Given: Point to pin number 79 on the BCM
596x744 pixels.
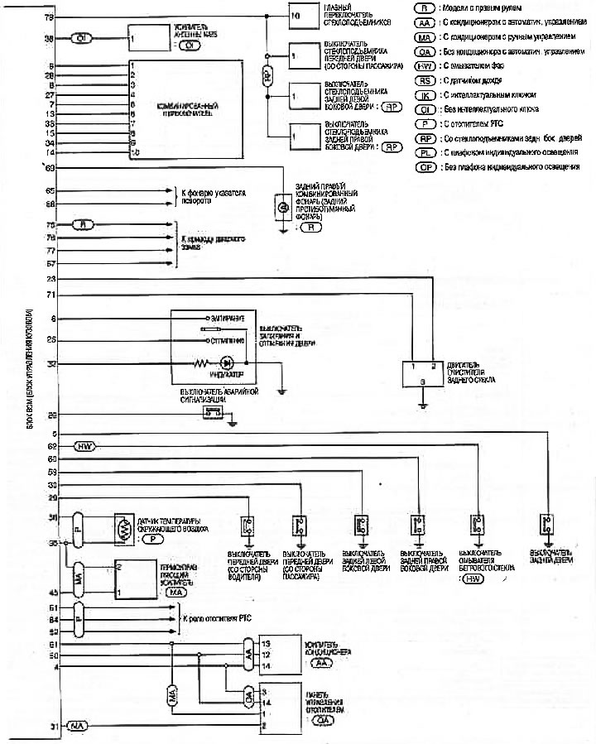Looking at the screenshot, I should click(x=50, y=17).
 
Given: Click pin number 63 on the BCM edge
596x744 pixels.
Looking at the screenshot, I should click(x=50, y=168).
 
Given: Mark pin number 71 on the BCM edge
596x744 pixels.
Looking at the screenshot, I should click(x=50, y=294).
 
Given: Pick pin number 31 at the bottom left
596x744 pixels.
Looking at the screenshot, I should click(x=52, y=727).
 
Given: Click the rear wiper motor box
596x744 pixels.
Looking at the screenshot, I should click(x=422, y=373).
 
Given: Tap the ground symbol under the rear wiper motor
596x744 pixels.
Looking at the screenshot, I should click(x=422, y=406).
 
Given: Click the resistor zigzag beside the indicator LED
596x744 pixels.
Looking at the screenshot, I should click(x=199, y=362).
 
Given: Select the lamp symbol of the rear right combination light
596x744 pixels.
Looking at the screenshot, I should click(x=282, y=205).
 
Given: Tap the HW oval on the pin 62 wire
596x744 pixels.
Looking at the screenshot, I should click(x=86, y=447).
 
